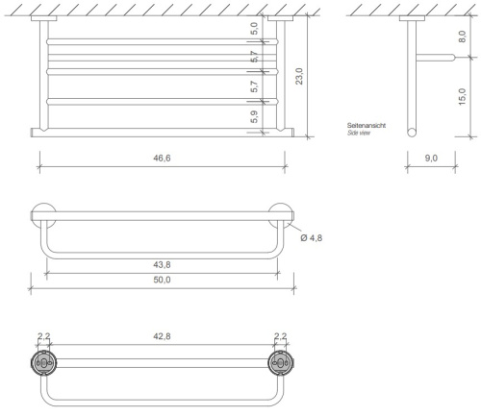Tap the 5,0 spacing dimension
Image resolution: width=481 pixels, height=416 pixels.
254,31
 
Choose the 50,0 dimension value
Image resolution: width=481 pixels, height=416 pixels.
163,279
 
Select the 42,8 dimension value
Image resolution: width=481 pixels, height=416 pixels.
163,338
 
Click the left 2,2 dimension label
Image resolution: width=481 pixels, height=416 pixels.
43,338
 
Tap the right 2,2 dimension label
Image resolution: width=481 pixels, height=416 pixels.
281,338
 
